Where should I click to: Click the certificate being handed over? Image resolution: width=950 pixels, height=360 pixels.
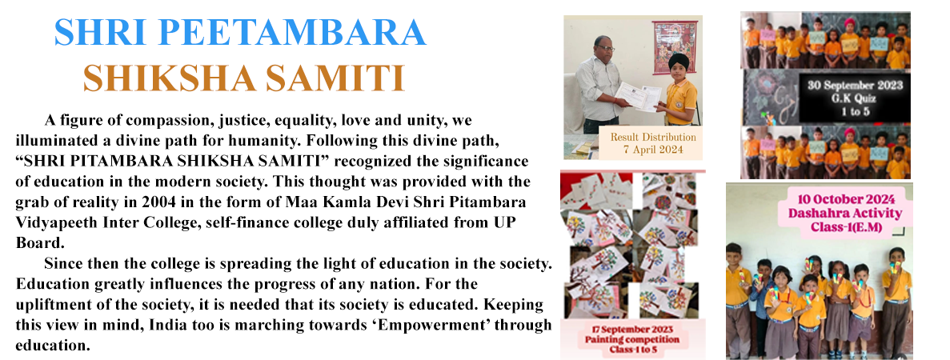(x=639, y=97)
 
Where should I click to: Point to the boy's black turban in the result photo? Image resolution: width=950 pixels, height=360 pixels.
(x=674, y=62)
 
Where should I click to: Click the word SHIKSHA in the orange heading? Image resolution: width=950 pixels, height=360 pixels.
(x=168, y=78)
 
